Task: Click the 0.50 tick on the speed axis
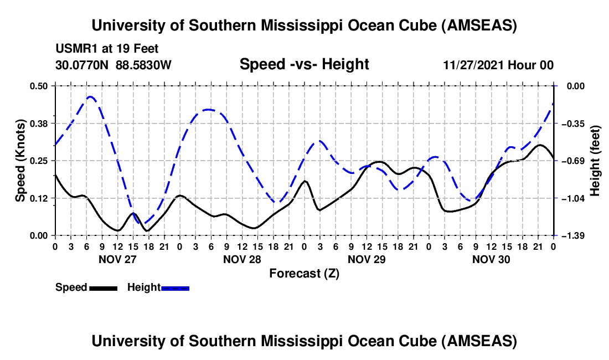click(40, 86)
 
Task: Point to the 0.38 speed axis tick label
click(40, 123)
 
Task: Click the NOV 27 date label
click(117, 259)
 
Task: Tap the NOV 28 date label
click(242, 259)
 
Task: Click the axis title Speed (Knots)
click(20, 161)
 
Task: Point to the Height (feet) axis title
click(596, 161)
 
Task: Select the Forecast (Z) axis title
click(304, 273)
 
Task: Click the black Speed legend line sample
click(102, 287)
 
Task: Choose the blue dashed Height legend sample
click(175, 287)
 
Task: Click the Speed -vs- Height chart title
click(304, 64)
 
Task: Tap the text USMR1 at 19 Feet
click(107, 49)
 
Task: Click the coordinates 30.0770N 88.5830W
click(113, 65)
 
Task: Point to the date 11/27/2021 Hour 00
click(498, 65)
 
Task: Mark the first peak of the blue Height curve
click(90, 96)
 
